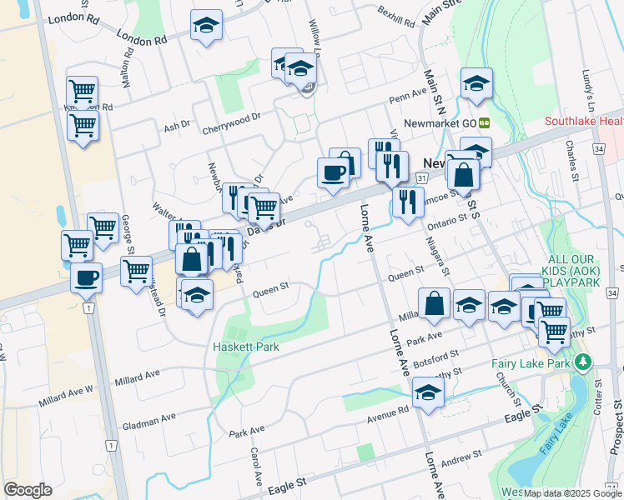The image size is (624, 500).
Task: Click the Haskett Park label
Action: pos(244,347)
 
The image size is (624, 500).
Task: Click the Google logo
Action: pos(27,490)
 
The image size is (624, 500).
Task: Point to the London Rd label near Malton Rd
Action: pos(143,38)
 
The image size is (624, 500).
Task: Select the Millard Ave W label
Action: pos(66,397)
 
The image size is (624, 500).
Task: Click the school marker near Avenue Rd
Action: pos(427,392)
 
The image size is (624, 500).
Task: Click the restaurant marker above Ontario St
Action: pos(407,202)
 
